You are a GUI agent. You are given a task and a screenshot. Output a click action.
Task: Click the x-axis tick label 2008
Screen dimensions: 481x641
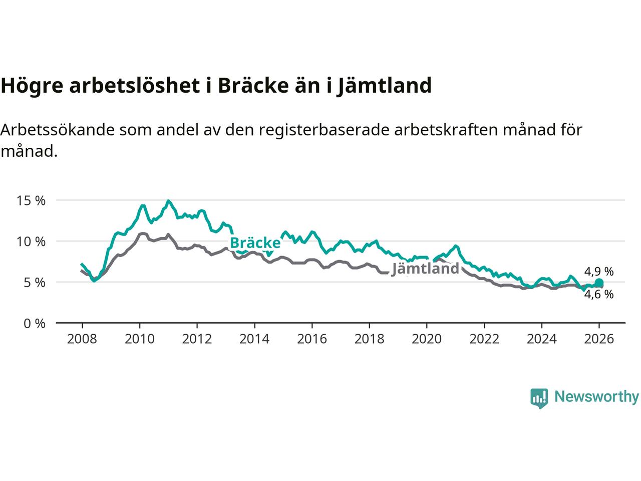coord(82,339)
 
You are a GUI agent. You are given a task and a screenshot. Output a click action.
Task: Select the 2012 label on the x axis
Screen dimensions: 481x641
coord(197,339)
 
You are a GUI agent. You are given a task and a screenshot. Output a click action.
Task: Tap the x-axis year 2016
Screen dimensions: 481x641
coord(312,339)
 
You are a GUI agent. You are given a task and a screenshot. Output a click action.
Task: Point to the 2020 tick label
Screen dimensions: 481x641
coord(427,339)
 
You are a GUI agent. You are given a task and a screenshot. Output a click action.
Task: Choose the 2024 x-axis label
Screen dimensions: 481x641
coord(542,339)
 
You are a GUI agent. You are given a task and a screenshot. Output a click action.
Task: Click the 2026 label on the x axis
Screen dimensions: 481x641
coord(599,339)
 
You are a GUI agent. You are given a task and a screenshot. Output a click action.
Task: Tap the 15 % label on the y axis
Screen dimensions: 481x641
coord(31,200)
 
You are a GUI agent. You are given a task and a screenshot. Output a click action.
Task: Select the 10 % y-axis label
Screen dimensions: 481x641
coord(31,242)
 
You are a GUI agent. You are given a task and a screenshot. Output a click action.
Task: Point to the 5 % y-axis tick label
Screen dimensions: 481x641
coord(34,283)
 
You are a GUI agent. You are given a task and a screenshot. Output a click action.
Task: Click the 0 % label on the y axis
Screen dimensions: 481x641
coord(34,324)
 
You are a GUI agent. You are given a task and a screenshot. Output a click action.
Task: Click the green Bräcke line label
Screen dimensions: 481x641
coord(255,243)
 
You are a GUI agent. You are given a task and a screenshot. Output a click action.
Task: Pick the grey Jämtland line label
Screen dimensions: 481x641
coord(425,269)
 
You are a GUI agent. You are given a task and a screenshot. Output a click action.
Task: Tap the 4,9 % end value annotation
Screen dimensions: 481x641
coord(599,272)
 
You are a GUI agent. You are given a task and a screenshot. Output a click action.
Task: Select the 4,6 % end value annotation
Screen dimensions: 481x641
coord(599,295)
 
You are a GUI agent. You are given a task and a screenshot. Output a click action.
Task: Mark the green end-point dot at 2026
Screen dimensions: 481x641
coord(599,284)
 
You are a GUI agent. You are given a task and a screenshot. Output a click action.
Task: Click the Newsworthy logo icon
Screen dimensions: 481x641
coord(539,398)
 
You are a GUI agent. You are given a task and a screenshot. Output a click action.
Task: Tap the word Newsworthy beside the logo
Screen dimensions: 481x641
coord(596,397)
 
